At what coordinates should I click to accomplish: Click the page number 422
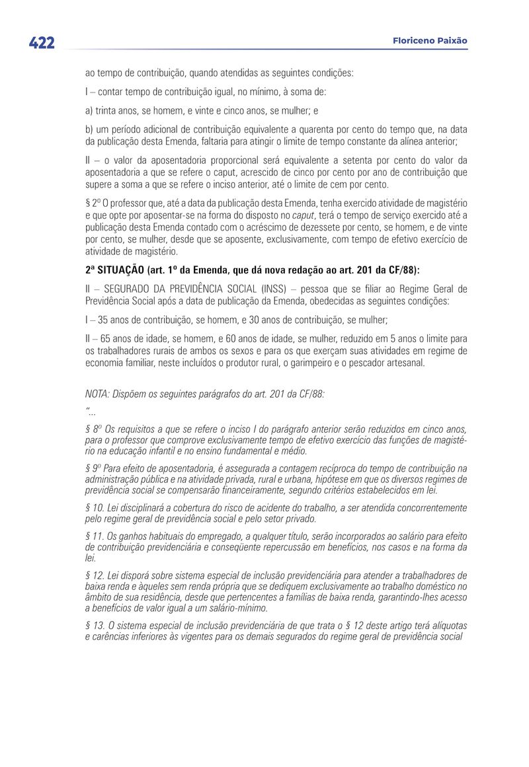click(x=41, y=43)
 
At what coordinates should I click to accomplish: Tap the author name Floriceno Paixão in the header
click(x=430, y=41)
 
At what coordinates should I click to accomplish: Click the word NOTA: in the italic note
click(x=100, y=394)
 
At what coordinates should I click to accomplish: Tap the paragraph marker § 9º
click(x=93, y=468)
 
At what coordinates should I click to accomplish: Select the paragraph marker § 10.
click(x=95, y=507)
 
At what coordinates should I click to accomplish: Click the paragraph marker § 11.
click(x=95, y=536)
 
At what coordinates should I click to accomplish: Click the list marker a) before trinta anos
click(x=89, y=111)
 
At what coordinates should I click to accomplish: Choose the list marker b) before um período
click(x=89, y=130)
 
